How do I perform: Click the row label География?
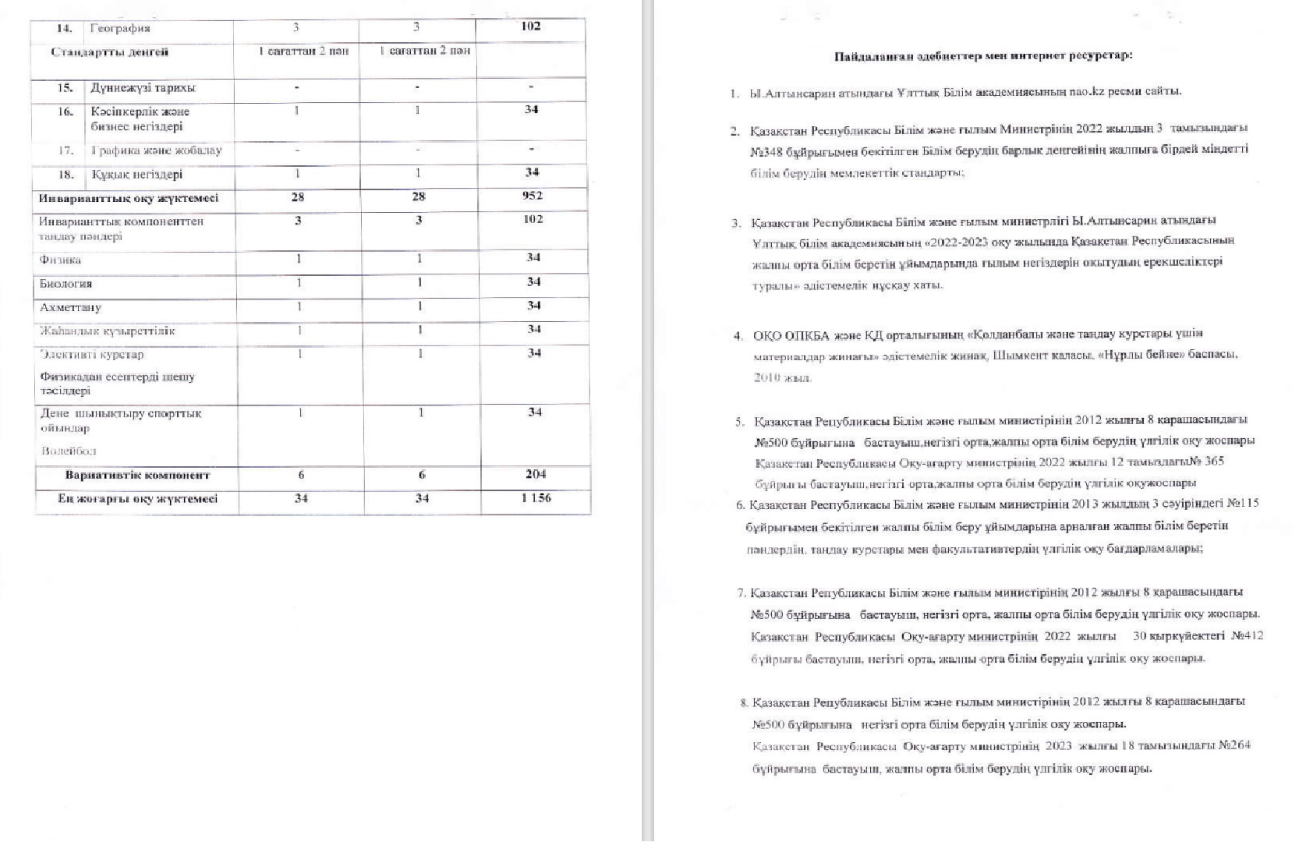point(120,29)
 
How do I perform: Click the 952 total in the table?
point(533,196)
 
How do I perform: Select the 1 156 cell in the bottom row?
point(536,498)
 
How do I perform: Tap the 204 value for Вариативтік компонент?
point(535,474)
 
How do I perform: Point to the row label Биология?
point(65,284)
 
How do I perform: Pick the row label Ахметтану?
point(70,308)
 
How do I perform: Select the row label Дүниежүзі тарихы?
point(143,88)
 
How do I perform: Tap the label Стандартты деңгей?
point(109,52)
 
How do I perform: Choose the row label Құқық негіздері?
point(136,175)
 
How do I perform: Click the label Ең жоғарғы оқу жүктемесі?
point(137,499)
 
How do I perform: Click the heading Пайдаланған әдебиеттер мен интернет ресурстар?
point(983,56)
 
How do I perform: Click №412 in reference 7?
point(1247,636)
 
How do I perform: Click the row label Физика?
point(60,260)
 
